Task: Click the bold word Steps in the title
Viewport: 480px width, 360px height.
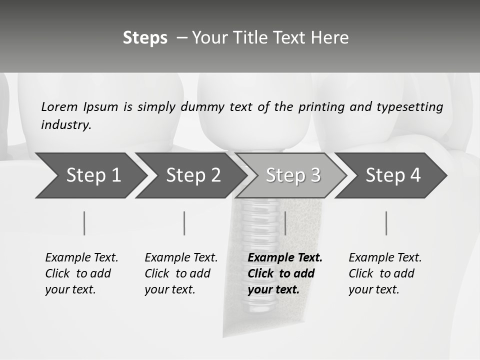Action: (x=145, y=38)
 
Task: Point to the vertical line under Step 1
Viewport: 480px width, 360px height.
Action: (x=84, y=223)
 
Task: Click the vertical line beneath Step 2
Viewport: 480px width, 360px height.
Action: (x=184, y=223)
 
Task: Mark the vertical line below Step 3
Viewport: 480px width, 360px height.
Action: (x=285, y=223)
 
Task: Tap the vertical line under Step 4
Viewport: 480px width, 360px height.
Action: (x=386, y=223)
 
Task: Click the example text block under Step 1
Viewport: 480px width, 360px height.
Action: (x=81, y=273)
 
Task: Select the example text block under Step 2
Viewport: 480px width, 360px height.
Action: (x=181, y=273)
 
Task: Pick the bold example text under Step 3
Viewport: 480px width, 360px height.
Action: (x=285, y=273)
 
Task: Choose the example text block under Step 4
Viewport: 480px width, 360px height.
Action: (x=385, y=273)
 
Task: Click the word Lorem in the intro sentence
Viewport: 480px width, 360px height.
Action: (x=59, y=107)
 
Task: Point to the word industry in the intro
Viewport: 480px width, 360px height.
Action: (x=66, y=125)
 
